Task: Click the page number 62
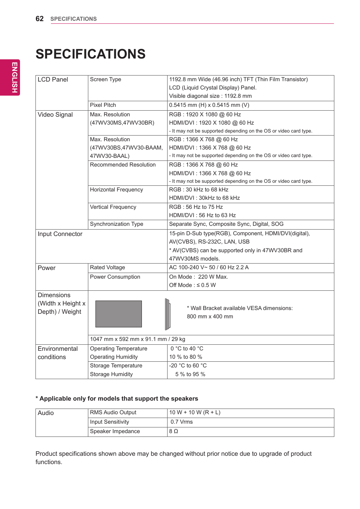click(40, 19)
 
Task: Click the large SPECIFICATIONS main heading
click(91, 54)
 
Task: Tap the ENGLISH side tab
click(14, 77)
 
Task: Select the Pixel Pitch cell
click(103, 105)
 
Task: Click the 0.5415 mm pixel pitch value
click(209, 105)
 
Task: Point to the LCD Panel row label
click(53, 80)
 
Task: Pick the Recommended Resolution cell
click(123, 165)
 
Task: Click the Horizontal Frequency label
click(116, 190)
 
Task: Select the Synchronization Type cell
click(117, 224)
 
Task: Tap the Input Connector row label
click(60, 234)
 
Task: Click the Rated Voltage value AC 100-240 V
click(209, 267)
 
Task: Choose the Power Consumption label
click(115, 277)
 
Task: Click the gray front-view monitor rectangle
click(118, 314)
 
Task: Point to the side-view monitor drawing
click(168, 314)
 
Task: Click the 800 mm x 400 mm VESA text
click(210, 316)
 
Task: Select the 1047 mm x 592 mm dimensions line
click(137, 339)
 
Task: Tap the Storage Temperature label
click(116, 366)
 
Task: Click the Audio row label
click(46, 413)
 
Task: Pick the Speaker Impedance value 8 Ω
click(174, 431)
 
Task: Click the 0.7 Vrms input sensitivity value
click(182, 422)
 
